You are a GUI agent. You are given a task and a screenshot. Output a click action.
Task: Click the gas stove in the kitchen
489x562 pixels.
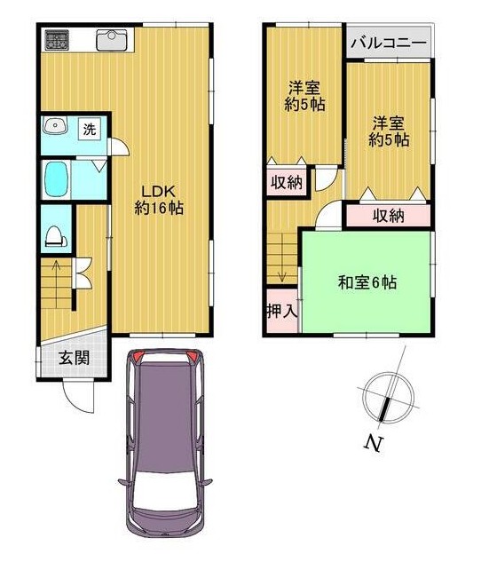(57, 40)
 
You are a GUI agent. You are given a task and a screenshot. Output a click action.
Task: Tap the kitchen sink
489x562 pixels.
(112, 40)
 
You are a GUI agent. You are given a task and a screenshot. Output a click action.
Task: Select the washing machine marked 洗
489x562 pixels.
(90, 129)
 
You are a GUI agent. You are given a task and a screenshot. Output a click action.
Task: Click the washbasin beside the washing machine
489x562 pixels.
(55, 125)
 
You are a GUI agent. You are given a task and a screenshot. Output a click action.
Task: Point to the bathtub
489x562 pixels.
(57, 178)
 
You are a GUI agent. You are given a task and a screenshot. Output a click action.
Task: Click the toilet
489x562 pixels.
(56, 236)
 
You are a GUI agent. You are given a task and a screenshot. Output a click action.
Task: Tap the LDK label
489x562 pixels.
(158, 192)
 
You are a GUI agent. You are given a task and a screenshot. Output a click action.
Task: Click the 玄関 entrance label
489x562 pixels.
(75, 358)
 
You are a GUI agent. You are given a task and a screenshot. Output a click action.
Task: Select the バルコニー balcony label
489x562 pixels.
(389, 43)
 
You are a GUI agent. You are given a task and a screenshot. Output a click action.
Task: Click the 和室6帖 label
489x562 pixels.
(367, 282)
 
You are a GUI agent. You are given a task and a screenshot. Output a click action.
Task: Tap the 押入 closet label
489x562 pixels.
(282, 311)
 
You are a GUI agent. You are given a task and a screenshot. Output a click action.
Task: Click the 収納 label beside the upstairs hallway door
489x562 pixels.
(287, 183)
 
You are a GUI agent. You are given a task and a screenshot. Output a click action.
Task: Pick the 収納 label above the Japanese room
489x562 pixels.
(389, 216)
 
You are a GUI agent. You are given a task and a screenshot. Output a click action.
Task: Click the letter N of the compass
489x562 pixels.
(373, 443)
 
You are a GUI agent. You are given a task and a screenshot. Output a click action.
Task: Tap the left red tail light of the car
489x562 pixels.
(138, 356)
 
